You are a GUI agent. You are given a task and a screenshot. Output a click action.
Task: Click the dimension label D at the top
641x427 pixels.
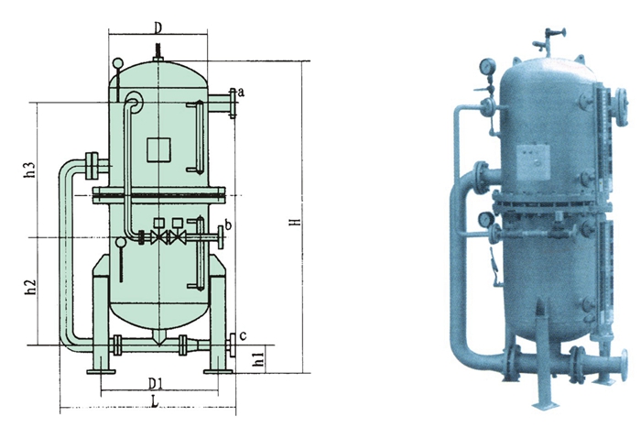click(x=158, y=27)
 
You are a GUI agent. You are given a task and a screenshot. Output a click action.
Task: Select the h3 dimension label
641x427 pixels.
click(x=30, y=170)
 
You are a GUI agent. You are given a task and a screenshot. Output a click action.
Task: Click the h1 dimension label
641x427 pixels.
click(x=258, y=357)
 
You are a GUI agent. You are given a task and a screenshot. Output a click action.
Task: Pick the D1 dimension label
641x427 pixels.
click(x=156, y=384)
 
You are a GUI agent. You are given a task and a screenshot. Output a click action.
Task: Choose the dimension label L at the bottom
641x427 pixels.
click(x=155, y=402)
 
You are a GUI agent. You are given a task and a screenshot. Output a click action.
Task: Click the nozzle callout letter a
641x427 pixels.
click(x=241, y=93)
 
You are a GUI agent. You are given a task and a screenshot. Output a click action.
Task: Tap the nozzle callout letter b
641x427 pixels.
click(x=228, y=224)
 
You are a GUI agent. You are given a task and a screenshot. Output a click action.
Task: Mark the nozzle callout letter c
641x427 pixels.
click(x=243, y=336)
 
